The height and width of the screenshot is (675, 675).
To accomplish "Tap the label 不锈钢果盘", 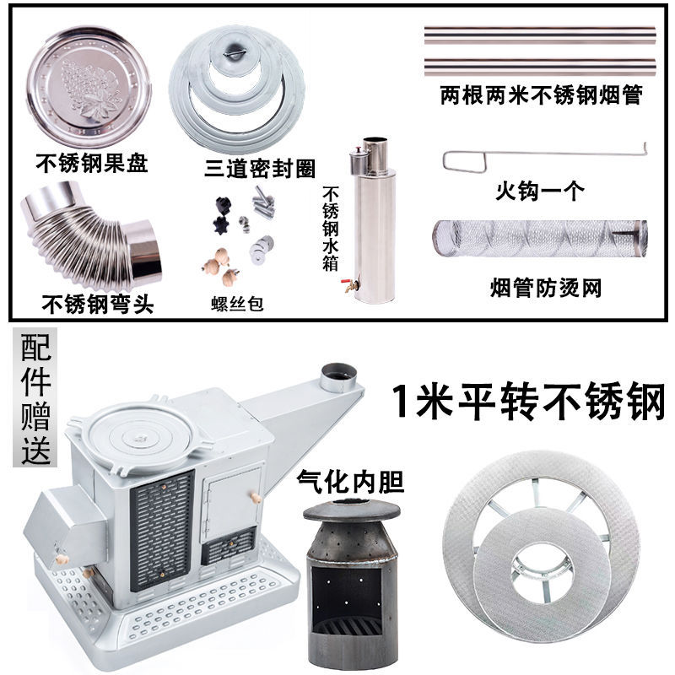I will pos(92,163).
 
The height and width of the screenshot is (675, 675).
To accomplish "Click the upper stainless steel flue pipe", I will pos(540,35).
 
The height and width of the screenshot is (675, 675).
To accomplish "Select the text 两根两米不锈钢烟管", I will pos(541,95).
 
